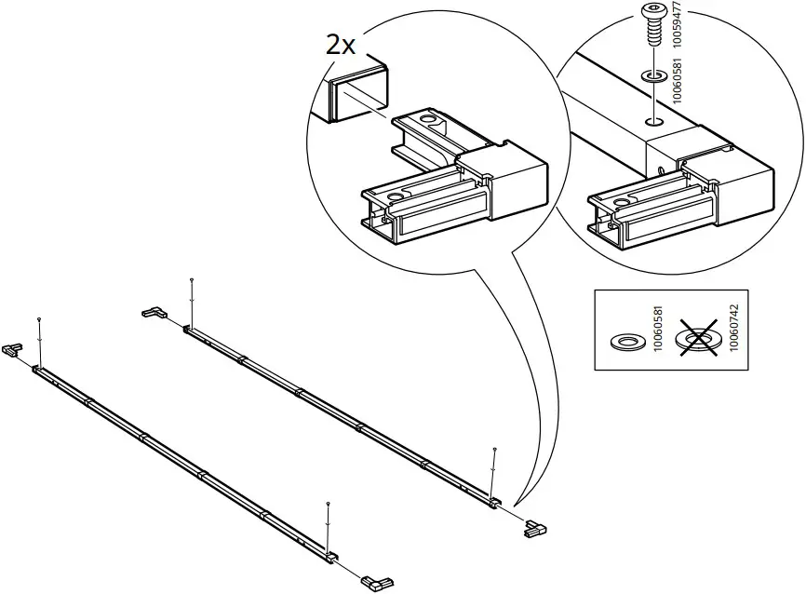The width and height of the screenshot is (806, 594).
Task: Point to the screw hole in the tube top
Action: [654, 120]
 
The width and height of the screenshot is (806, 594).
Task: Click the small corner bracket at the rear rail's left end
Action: [152, 314]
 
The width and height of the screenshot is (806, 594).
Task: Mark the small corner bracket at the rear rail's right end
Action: [536, 528]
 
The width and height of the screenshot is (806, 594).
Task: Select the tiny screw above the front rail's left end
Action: [38, 320]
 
